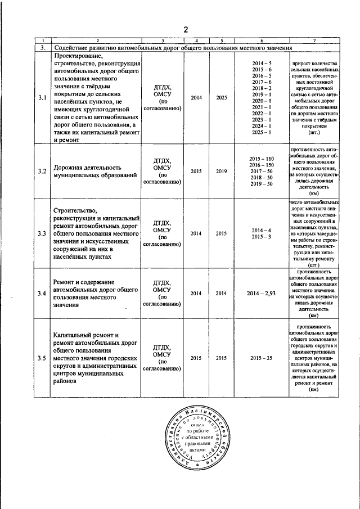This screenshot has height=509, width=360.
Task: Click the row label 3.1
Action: coord(42,98)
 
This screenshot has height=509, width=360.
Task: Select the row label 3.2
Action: coord(42,171)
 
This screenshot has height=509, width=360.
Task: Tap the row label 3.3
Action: coord(42,233)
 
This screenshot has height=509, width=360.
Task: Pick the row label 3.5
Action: coord(42,358)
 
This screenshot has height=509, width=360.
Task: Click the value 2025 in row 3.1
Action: coord(222,98)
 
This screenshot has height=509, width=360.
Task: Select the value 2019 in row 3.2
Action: coord(222,171)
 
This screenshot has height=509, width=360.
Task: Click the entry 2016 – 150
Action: coord(262,165)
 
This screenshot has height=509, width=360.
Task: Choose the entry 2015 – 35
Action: coord(262,358)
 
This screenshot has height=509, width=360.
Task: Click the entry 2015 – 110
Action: coord(262,159)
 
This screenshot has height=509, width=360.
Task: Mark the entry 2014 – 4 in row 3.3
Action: coord(262,230)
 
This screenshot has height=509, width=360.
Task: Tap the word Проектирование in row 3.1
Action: coord(79,56)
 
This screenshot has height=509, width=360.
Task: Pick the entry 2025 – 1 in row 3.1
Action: coord(262,132)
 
